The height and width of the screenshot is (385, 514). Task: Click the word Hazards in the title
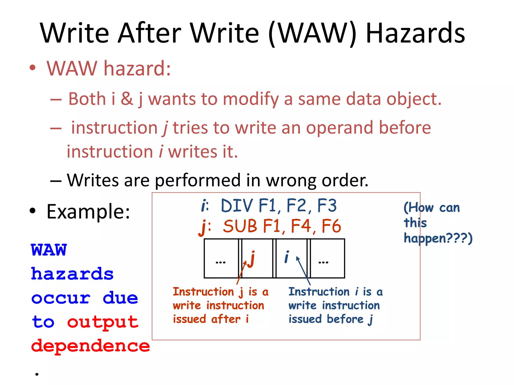tap(415, 33)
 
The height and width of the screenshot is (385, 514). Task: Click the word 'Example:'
tap(88, 212)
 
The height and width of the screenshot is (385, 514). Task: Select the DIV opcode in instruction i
tap(237, 206)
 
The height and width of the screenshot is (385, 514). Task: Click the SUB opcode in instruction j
tap(240, 226)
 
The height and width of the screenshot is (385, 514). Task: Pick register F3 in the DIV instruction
tap(327, 206)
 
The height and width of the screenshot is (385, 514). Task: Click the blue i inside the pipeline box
tap(287, 257)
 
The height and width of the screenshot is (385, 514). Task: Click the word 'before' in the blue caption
tap(345, 319)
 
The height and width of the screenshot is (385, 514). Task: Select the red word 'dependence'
tap(90, 346)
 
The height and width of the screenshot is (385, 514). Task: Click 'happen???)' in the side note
tap(438, 238)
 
